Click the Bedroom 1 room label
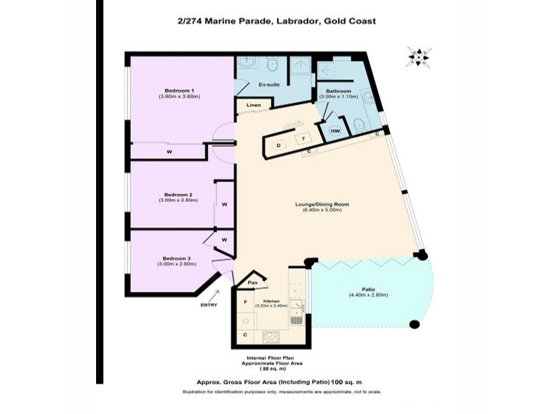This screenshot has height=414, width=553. coord(178,91)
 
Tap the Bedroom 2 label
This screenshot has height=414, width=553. coord(178,195)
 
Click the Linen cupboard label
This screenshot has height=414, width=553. coord(254,106)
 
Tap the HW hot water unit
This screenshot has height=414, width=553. coord(335,130)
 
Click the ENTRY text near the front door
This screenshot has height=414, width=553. coord(209,305)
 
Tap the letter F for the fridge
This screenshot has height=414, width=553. coord(245,302)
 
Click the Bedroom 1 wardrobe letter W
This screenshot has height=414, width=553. coord(169,151)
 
